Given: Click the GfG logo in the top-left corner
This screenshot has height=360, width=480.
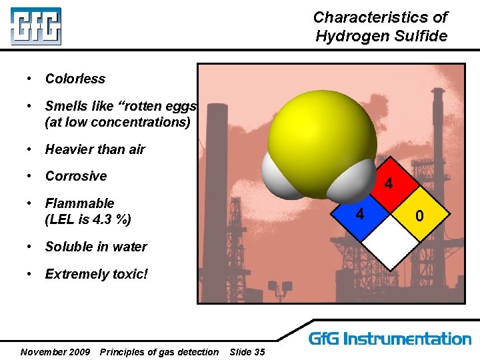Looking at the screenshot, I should (35, 26).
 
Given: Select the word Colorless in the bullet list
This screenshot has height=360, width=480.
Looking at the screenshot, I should (75, 79).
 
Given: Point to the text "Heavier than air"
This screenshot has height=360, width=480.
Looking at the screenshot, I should (95, 149).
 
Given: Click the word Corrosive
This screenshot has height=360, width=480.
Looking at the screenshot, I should (75, 176).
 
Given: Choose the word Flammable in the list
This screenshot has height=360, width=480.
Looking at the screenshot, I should (79, 203).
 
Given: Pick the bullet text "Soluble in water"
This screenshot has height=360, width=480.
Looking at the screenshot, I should (96, 247).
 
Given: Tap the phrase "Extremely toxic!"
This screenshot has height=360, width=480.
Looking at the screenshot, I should (97, 274).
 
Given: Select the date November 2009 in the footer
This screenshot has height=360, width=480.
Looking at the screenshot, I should (55, 351).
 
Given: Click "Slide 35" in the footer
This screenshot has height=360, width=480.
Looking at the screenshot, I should (247, 351).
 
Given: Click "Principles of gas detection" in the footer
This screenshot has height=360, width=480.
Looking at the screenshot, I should (159, 351).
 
